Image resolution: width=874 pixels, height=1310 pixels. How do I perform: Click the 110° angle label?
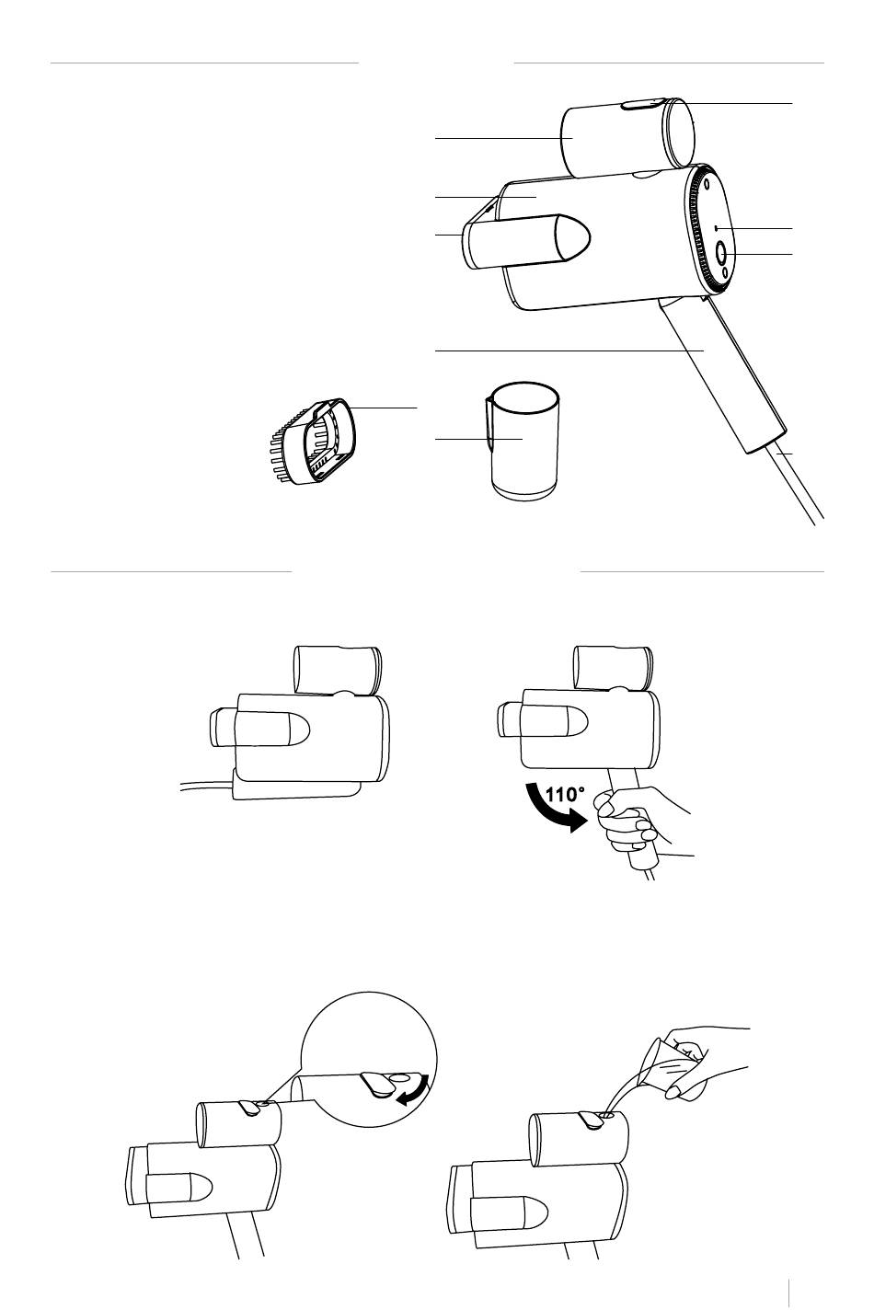pyautogui.click(x=565, y=794)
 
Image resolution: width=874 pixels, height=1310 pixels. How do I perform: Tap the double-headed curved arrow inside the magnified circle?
pyautogui.click(x=414, y=1092)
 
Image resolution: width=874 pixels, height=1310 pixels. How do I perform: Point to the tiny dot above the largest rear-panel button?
pyautogui.click(x=716, y=227)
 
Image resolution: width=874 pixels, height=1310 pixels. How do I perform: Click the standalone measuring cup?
pyautogui.click(x=522, y=442)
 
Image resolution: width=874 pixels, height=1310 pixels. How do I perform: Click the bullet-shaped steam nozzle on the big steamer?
pyautogui.click(x=526, y=242)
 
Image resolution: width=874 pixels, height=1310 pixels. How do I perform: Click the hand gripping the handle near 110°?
pyautogui.click(x=638, y=820)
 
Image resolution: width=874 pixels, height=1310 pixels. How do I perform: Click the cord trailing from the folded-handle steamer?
pyautogui.click(x=206, y=786)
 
